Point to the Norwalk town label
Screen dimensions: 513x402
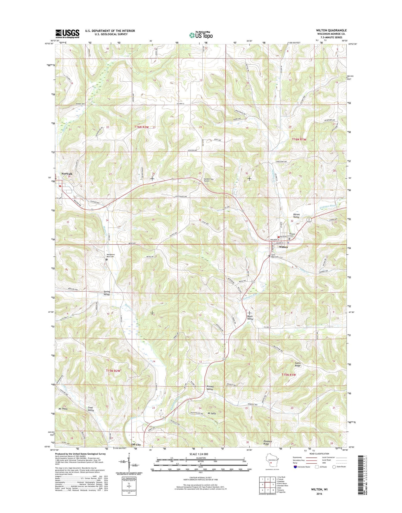[67, 174]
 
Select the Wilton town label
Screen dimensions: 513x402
[283, 247]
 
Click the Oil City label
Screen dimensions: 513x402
[136, 445]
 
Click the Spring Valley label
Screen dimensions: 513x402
[107, 293]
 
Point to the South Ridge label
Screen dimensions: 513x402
[297, 364]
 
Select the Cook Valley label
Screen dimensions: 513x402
[91, 409]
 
